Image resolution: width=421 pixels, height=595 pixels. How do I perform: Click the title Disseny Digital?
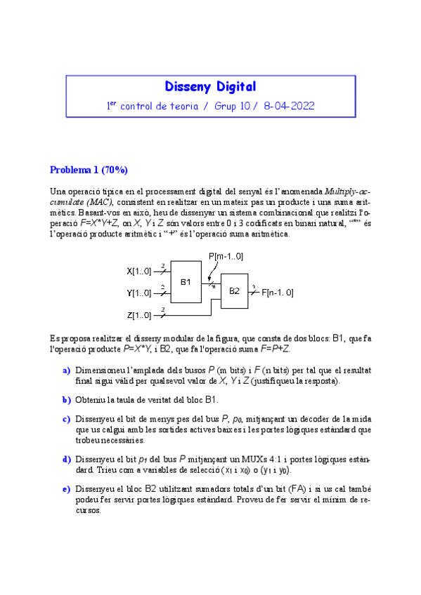click(x=210, y=87)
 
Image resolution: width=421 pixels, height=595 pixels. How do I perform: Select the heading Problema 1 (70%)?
click(x=89, y=171)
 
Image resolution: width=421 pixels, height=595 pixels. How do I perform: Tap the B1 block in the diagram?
click(x=186, y=281)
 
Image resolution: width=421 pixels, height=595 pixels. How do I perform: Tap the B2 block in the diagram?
click(x=234, y=291)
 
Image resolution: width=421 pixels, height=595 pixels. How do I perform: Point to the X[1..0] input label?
click(x=138, y=271)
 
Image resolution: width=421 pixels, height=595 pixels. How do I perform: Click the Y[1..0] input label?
click(x=138, y=293)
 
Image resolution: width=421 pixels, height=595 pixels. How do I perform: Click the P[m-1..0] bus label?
click(x=226, y=257)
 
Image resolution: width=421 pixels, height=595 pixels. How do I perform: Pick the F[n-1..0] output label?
click(x=278, y=293)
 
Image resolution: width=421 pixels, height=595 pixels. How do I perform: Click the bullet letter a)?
click(x=66, y=370)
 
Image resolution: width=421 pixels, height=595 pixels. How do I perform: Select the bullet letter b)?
click(x=66, y=400)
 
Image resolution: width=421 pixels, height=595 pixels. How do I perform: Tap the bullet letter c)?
click(x=66, y=420)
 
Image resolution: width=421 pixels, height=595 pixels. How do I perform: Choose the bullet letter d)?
click(x=66, y=460)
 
